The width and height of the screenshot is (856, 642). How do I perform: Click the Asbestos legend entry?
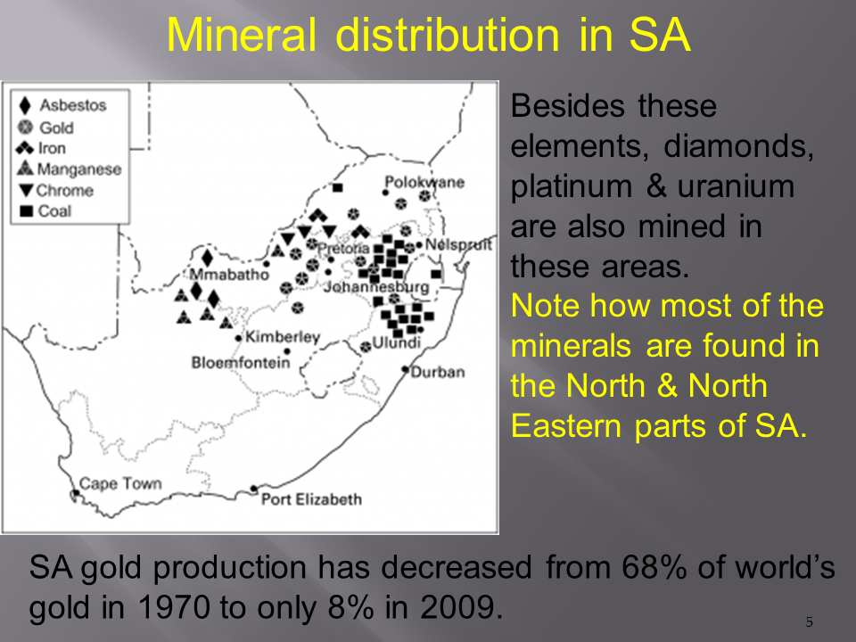click(62, 105)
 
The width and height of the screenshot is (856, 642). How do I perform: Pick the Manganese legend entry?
click(70, 169)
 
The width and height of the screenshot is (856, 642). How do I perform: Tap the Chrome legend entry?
click(55, 191)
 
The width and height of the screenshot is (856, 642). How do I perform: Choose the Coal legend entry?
click(45, 211)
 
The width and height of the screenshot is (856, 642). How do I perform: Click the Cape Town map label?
click(120, 483)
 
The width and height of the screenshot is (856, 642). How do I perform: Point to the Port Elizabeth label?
click(311, 499)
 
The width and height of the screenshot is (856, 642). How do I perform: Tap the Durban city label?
click(438, 372)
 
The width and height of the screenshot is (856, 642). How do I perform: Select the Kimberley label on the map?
click(283, 337)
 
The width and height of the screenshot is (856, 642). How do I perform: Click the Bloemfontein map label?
click(240, 363)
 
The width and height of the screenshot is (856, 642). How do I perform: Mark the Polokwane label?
click(424, 182)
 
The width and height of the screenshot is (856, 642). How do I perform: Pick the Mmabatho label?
click(229, 274)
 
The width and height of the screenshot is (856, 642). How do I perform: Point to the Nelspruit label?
click(458, 244)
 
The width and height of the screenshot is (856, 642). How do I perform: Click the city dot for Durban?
click(405, 369)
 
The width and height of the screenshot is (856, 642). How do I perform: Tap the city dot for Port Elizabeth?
click(254, 489)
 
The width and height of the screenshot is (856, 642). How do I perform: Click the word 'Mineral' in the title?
click(241, 36)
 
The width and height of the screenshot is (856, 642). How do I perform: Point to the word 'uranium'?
click(736, 187)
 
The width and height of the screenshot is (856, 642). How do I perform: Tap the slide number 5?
click(810, 621)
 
